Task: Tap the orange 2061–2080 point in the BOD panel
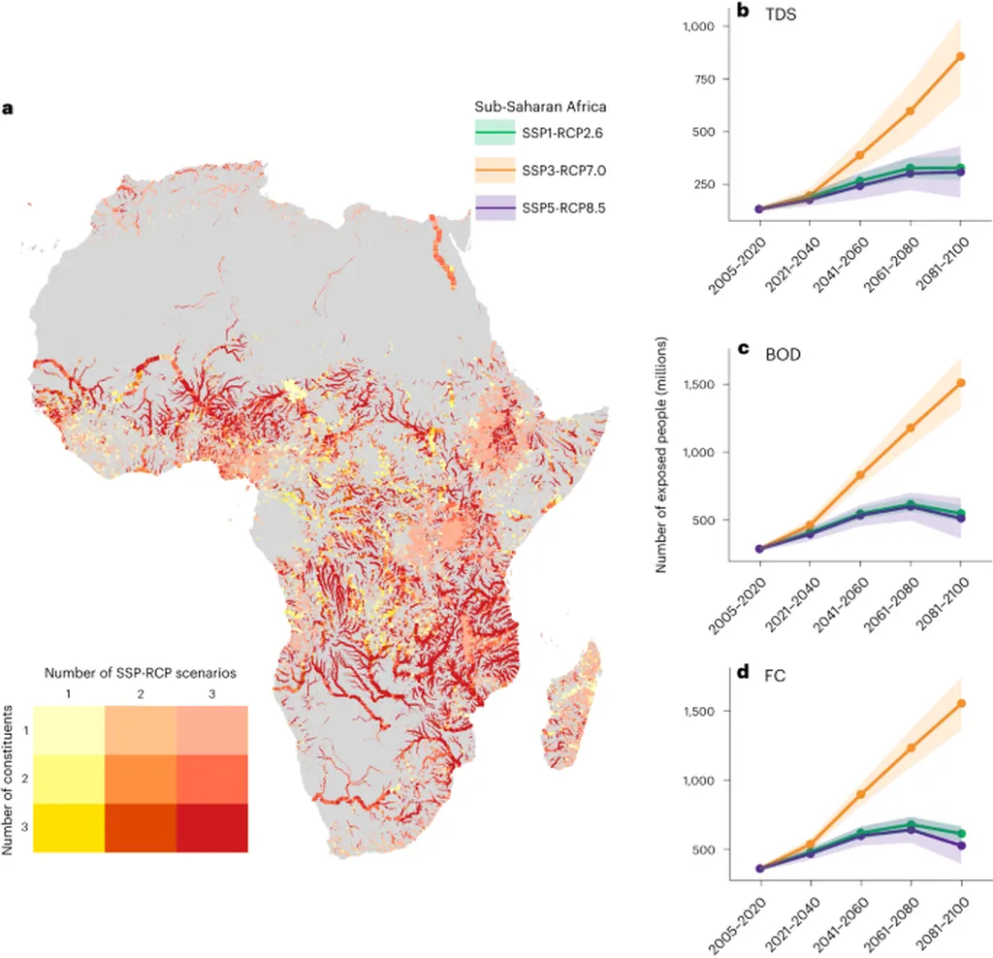point(910,428)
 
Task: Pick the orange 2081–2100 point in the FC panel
point(960,704)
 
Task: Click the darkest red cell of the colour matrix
point(211,827)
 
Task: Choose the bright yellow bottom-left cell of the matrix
point(68,827)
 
